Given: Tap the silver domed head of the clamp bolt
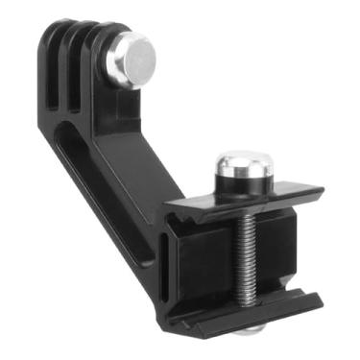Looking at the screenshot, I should point(241,167).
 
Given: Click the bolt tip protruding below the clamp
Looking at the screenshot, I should point(249,329).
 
